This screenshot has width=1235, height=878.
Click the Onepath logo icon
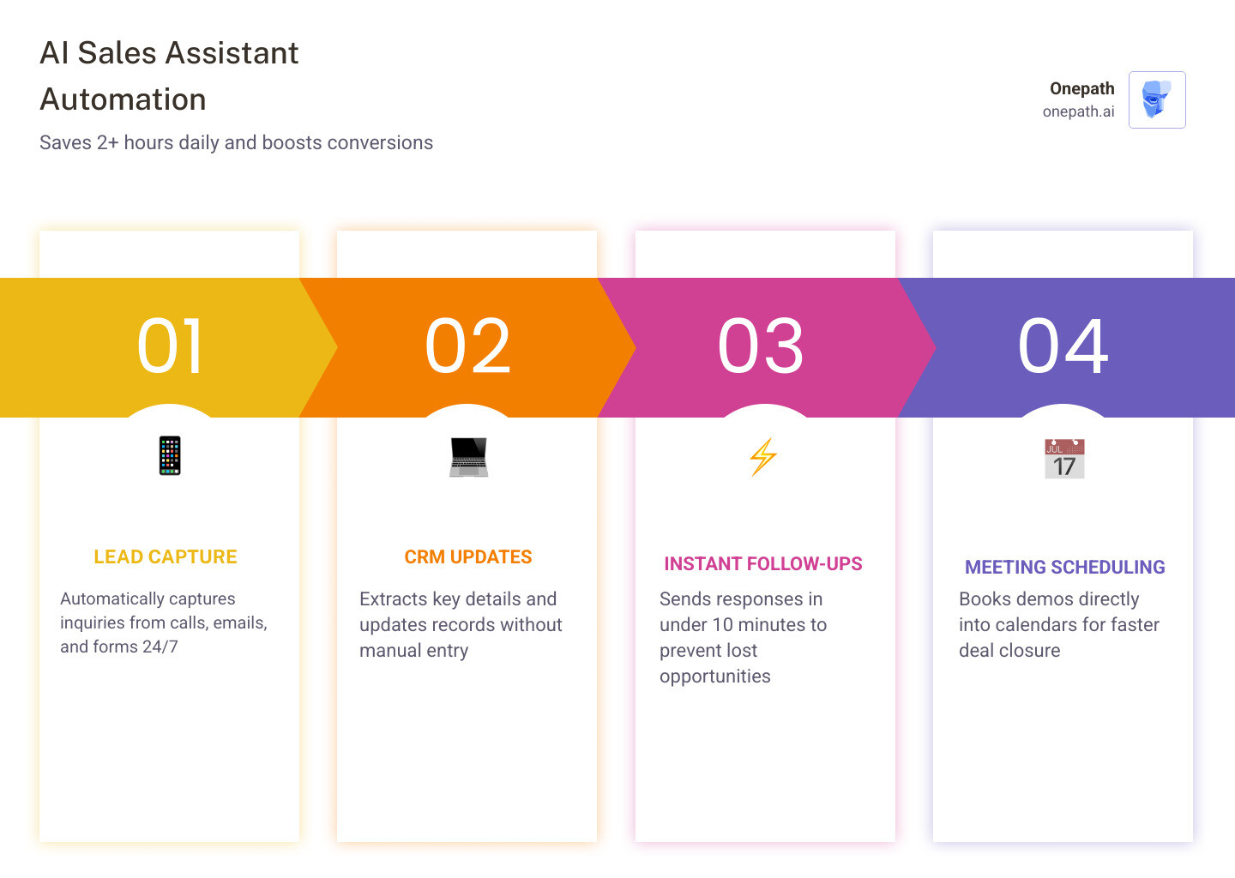coord(1157,99)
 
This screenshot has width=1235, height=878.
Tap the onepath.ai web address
coord(1078,111)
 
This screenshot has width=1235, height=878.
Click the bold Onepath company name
coord(1081,88)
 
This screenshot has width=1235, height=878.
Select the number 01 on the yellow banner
coord(171,346)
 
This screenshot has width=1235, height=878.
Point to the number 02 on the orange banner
coord(468,346)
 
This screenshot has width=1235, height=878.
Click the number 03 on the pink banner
coord(762,346)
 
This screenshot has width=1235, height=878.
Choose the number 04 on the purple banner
coord(1063,346)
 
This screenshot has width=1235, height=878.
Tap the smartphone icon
coord(170,455)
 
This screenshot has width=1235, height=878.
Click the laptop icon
coord(468,457)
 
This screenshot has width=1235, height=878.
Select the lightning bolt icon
coord(763,457)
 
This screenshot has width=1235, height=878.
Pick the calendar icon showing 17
coord(1064,459)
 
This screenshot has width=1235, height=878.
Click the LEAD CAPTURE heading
coord(166,557)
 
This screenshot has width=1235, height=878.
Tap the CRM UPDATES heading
coord(468,557)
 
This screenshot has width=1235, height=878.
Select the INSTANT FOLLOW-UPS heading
coord(763,564)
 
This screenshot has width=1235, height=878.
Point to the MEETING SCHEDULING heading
coord(1064,568)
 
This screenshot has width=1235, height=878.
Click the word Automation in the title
coord(123,99)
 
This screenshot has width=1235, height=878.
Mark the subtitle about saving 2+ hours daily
coord(236,143)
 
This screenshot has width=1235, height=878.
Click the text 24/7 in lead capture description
coord(160,647)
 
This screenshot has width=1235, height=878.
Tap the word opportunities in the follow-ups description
coord(715,677)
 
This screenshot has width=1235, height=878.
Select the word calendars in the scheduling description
coord(1035,625)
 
